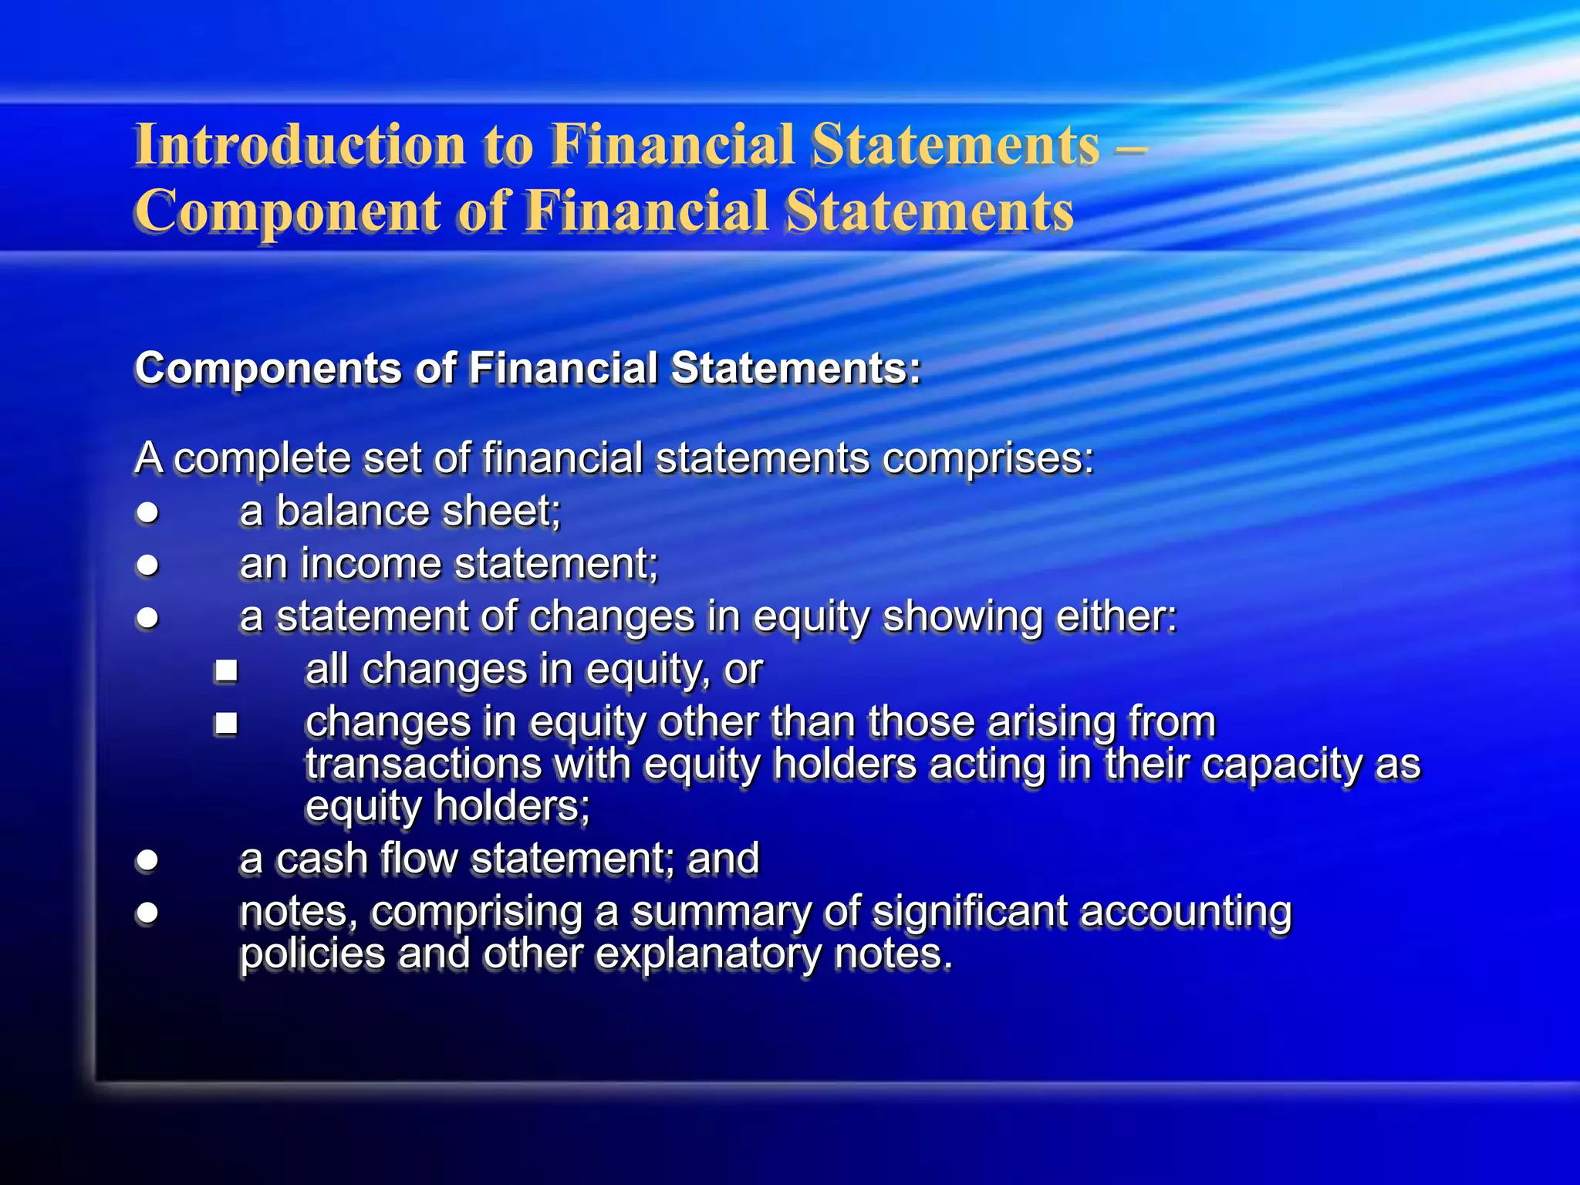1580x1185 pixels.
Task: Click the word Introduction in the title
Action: click(x=300, y=145)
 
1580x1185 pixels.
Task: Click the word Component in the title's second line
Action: click(x=286, y=211)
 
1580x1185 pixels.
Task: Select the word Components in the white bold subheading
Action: click(x=268, y=368)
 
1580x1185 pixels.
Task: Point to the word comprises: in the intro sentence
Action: click(x=987, y=459)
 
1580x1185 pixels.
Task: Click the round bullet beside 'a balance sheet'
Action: click(x=147, y=512)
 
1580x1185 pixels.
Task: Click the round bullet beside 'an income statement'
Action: click(x=147, y=565)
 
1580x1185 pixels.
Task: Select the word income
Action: click(x=370, y=564)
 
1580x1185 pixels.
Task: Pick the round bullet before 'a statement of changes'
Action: click(x=147, y=618)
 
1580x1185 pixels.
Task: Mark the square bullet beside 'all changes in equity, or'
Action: click(x=226, y=670)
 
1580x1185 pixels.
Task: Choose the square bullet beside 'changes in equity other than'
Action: click(x=226, y=724)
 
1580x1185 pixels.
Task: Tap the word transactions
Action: click(x=424, y=765)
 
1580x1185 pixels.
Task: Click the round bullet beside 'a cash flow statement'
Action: click(x=147, y=859)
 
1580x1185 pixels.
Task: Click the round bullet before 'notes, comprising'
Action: click(x=147, y=913)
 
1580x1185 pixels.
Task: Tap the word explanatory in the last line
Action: click(x=708, y=955)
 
